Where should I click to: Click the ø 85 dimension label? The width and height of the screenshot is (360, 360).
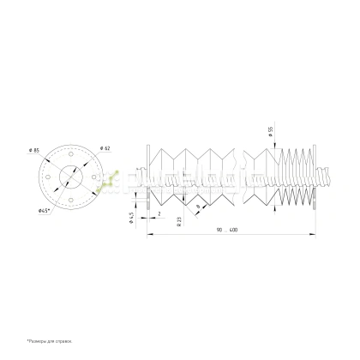click(x=35, y=152)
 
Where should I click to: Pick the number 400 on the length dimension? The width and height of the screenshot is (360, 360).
click(x=233, y=230)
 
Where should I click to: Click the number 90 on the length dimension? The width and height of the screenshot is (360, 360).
click(x=220, y=230)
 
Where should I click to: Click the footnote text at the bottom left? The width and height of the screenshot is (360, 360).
click(x=51, y=342)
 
